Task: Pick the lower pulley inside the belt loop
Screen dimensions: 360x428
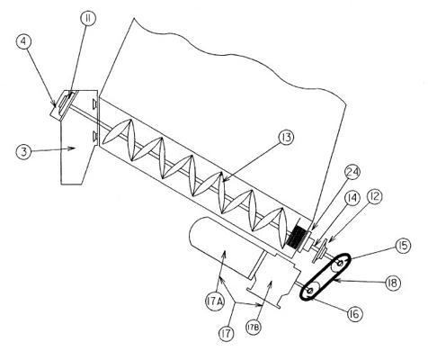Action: pyautogui.click(x=311, y=290)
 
